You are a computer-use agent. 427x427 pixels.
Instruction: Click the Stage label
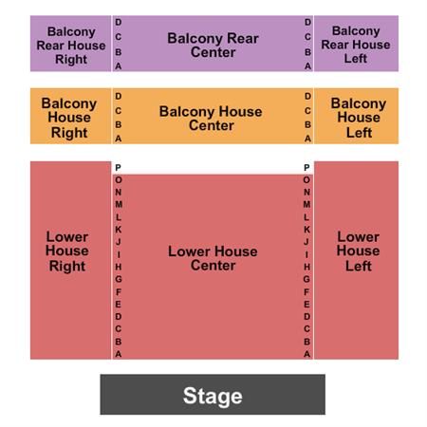click(213, 396)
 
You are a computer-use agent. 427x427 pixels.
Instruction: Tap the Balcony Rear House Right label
click(70, 45)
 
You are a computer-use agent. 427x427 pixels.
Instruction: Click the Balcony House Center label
click(211, 118)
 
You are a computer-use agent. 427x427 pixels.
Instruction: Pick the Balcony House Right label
click(70, 118)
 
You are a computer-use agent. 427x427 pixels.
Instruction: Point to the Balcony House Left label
click(358, 118)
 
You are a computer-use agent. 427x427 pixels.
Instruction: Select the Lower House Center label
click(213, 258)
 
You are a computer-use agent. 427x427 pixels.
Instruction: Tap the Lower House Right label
click(66, 251)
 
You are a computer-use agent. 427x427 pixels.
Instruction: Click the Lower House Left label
click(358, 251)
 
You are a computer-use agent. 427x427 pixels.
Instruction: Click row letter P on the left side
click(119, 168)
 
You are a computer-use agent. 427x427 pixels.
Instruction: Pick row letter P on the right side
click(306, 168)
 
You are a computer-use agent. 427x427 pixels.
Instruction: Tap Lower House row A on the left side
click(119, 353)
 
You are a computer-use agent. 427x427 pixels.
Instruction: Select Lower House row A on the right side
click(306, 353)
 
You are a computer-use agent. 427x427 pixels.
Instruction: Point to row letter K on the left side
click(119, 230)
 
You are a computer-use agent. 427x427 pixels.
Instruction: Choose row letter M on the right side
click(306, 205)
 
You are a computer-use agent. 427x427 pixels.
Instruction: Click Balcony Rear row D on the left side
click(119, 22)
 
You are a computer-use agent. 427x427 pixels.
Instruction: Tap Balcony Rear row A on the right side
click(307, 66)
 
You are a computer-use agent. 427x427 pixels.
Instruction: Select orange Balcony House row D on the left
click(119, 96)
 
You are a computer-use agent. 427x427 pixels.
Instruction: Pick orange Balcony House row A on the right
click(307, 139)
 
